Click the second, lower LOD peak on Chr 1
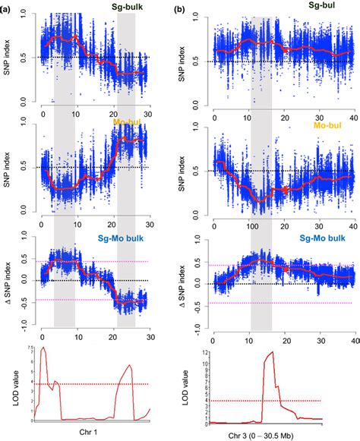(x=130, y=365)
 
